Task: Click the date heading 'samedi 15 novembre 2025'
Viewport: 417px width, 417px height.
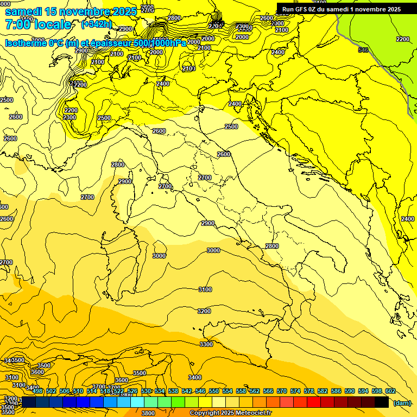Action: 71,11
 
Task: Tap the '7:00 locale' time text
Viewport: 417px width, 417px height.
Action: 38,24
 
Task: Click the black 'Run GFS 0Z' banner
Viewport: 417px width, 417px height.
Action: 342,9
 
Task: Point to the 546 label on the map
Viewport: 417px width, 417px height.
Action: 363,50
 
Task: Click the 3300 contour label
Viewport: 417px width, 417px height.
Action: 206,344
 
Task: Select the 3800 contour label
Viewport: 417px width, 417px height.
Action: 148,413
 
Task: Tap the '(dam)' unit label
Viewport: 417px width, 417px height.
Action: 401,403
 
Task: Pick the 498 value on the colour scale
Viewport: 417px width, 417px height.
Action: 37,391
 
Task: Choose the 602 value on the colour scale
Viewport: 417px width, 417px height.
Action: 390,391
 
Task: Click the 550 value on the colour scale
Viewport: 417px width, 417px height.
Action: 214,391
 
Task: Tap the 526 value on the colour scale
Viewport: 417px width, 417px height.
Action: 132,391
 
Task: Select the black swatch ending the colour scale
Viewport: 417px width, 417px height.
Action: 382,402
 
